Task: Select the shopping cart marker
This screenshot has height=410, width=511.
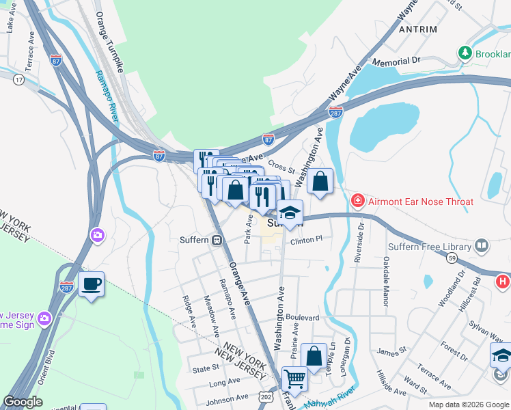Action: (294, 378)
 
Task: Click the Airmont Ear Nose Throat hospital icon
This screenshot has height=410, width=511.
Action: (357, 201)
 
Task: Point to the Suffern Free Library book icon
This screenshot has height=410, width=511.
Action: (482, 246)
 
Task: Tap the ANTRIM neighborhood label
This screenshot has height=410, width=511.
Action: (418, 29)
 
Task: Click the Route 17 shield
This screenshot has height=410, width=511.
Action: (18, 80)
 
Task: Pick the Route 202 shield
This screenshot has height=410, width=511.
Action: (266, 397)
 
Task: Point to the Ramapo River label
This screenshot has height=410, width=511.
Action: (106, 92)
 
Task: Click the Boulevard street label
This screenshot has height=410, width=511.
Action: (303, 318)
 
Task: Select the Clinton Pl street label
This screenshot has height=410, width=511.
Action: (305, 240)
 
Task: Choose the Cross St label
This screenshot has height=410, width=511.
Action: (281, 166)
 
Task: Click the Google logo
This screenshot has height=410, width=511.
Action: (23, 402)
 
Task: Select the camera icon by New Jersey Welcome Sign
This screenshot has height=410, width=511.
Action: (44, 318)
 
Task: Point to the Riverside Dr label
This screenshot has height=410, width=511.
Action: (358, 243)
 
